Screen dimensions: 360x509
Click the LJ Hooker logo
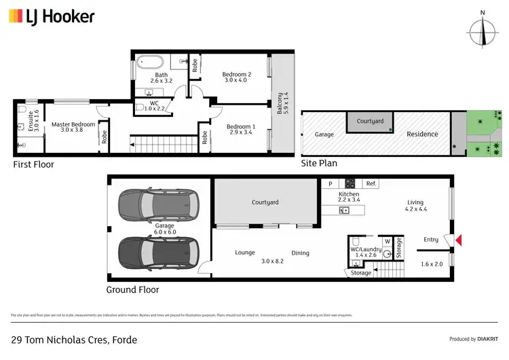(52, 16)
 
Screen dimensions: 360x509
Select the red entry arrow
(459, 239)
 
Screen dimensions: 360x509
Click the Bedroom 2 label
(238, 77)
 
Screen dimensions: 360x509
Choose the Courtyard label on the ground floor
(265, 202)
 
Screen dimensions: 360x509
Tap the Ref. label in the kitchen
(371, 183)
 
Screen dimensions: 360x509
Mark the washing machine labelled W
(387, 241)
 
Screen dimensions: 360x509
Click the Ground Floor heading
(132, 289)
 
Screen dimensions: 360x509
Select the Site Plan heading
(319, 163)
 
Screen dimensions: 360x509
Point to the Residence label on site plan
(422, 134)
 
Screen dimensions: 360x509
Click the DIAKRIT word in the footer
(487, 339)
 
